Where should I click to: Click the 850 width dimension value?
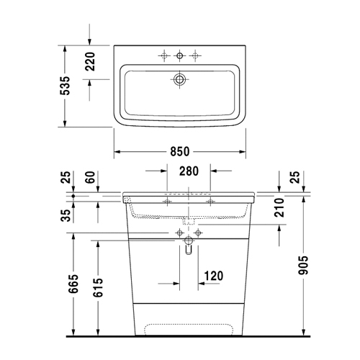(179, 152)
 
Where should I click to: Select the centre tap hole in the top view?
(179, 55)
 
